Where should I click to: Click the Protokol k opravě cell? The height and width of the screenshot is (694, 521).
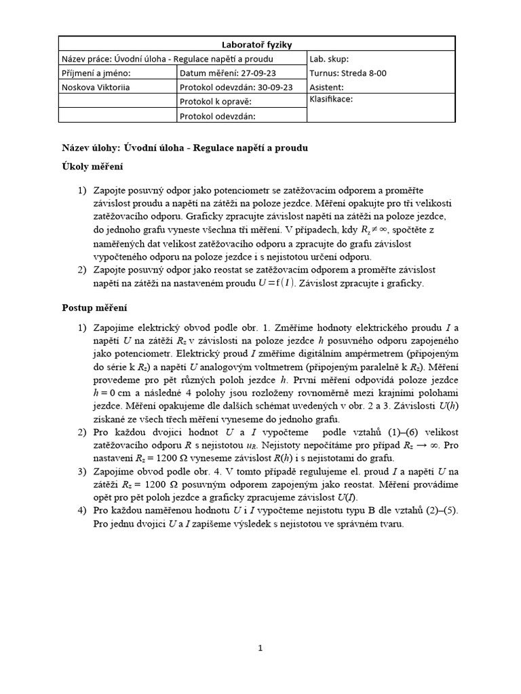216,102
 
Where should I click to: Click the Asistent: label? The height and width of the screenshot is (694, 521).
326,87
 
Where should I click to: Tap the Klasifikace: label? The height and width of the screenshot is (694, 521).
331,99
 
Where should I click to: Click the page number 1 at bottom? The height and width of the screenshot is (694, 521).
260,648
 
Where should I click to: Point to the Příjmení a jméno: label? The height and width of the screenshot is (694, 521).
96,73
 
